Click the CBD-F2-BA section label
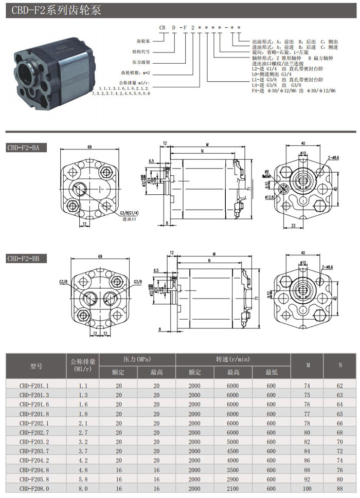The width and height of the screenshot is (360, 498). coord(26,148)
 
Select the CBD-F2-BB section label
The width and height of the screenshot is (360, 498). coord(26,259)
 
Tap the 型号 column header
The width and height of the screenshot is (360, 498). coord(36,366)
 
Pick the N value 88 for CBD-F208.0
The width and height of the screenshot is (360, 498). coord(340,488)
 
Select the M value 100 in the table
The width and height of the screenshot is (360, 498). coord(308,488)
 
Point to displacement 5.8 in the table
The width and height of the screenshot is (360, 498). coord(83,478)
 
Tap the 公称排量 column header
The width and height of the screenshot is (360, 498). coord(83,366)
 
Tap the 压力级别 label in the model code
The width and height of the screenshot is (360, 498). coord(140,62)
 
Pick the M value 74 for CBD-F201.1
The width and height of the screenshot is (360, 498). coord(308,384)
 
